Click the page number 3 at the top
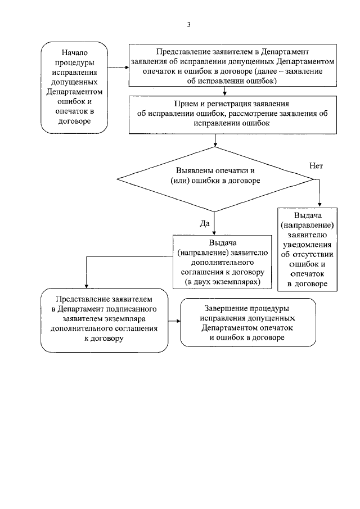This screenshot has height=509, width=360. [x=188, y=25]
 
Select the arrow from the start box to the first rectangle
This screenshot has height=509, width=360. [x=117, y=66]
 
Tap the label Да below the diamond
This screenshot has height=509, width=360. [x=205, y=223]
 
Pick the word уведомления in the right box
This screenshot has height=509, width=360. [x=307, y=244]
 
